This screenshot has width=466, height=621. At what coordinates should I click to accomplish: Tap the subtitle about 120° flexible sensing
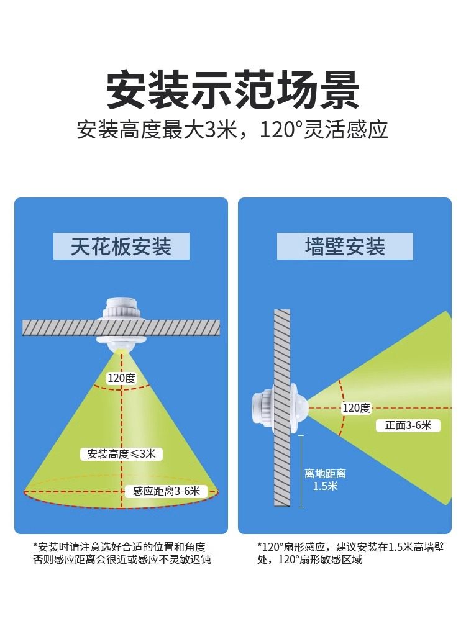coord(233,130)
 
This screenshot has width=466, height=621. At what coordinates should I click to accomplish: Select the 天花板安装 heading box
coord(121,247)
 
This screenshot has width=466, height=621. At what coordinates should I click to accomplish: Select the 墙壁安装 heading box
coord(345,247)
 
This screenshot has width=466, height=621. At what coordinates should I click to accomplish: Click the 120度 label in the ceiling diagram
coord(122,378)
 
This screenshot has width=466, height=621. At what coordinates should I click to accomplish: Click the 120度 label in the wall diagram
coord(356,408)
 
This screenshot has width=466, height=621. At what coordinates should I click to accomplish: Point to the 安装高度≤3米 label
coord(122,454)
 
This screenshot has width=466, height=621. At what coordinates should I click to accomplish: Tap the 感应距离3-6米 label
coord(166,491)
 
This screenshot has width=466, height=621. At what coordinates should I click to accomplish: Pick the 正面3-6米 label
coord(408,425)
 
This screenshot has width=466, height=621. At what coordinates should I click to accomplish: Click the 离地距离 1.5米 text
coord(325,479)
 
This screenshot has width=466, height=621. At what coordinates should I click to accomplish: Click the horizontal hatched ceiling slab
coord(121,327)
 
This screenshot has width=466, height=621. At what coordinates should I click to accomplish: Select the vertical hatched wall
coord(282,408)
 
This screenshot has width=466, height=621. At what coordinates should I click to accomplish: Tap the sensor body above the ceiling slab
coord(122,308)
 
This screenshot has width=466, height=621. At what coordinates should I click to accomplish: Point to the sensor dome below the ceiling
coord(122,343)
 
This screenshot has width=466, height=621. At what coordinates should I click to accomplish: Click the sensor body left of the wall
coord(262,408)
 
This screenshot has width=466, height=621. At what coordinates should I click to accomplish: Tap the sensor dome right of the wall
coord(299,408)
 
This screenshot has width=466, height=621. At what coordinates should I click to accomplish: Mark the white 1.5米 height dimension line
coord(301,471)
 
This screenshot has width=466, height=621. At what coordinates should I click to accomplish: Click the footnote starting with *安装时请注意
coord(122,553)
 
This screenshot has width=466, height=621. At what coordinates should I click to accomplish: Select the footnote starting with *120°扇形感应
coord(350,553)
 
